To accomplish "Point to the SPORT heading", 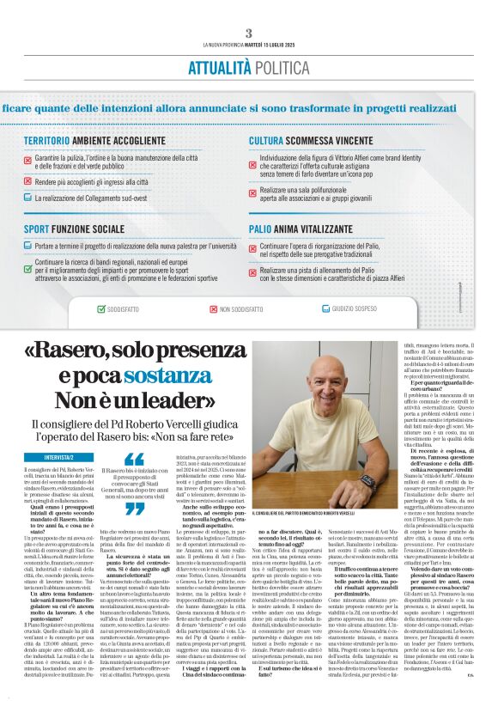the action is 36,229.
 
